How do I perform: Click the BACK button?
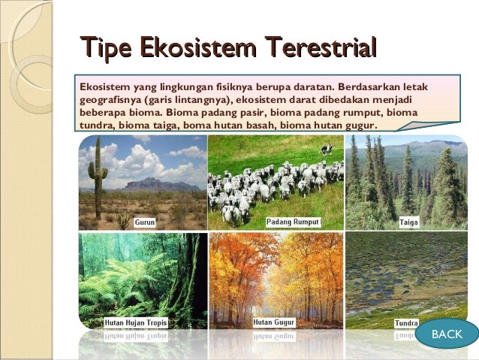pyautogui.click(x=447, y=334)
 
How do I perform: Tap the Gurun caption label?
pyautogui.click(x=145, y=222)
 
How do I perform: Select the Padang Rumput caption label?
pyautogui.click(x=294, y=222)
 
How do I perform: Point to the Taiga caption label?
pyautogui.click(x=409, y=222)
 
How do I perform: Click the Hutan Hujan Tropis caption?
pyautogui.click(x=136, y=323)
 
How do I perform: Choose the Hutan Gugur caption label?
pyautogui.click(x=274, y=322)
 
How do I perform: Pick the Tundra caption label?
pyautogui.click(x=407, y=324)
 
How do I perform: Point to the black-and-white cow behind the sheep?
pyautogui.click(x=326, y=149)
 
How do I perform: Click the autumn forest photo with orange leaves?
pyautogui.click(x=276, y=278)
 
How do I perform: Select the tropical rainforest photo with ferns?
pyautogui.click(x=143, y=278)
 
